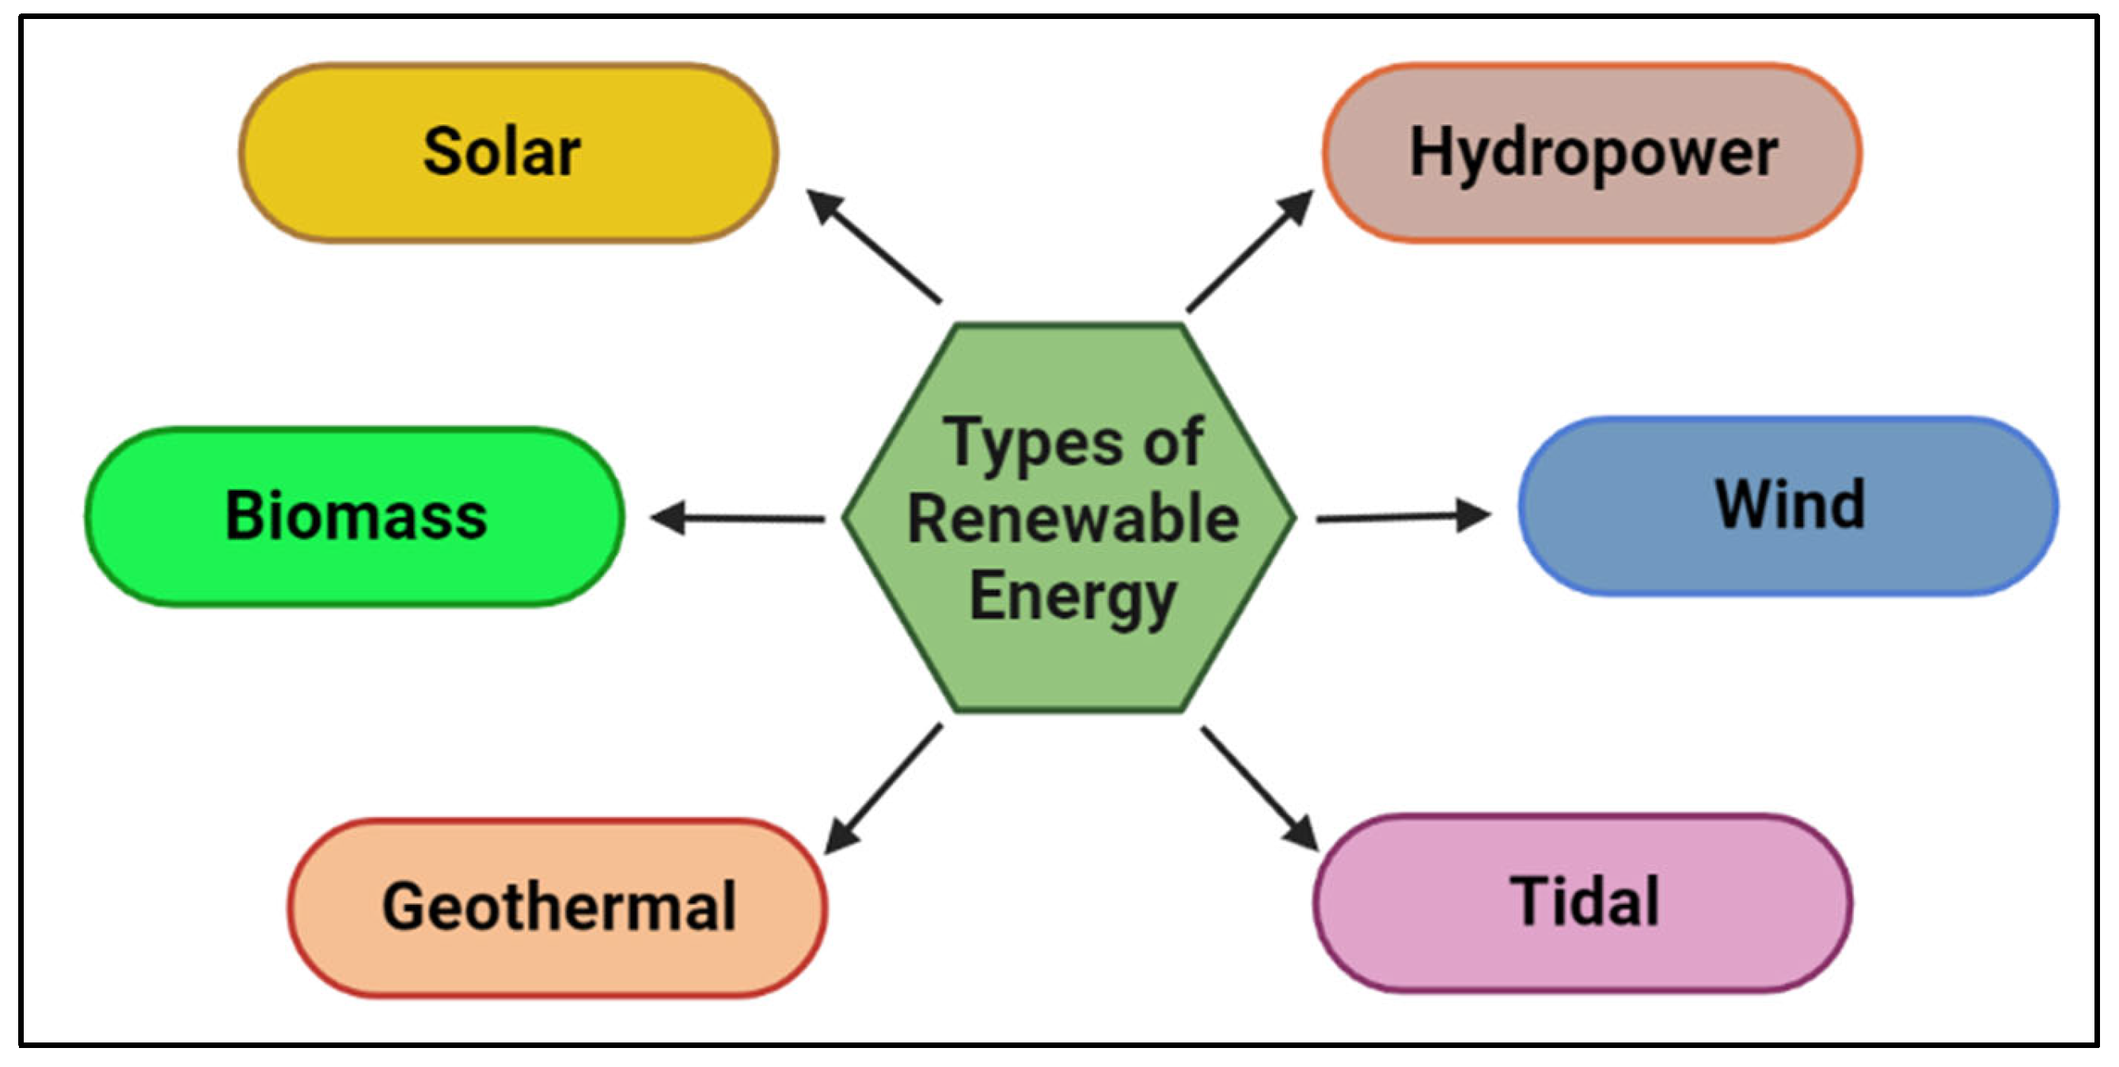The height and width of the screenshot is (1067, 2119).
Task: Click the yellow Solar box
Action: coord(508,153)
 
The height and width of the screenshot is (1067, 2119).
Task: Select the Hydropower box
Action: coord(1593,153)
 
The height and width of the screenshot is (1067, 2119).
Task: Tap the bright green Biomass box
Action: coord(355,517)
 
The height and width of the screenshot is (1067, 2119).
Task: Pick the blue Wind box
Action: coord(1788,505)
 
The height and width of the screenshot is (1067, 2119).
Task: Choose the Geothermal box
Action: coord(558,907)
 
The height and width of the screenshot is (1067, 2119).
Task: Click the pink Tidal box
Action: coord(1582,902)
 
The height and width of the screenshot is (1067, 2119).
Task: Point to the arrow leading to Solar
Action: coord(874,246)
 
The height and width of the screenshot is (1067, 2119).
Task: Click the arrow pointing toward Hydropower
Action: coord(1249,252)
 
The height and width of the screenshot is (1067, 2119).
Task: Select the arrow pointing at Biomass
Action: coord(738,518)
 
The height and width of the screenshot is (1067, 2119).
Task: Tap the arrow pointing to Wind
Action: coord(1403,517)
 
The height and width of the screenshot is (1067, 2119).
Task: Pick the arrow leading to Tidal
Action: coord(1259,788)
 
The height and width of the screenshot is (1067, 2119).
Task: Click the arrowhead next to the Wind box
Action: coord(1472,515)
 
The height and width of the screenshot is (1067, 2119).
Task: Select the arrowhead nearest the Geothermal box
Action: coord(841,836)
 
